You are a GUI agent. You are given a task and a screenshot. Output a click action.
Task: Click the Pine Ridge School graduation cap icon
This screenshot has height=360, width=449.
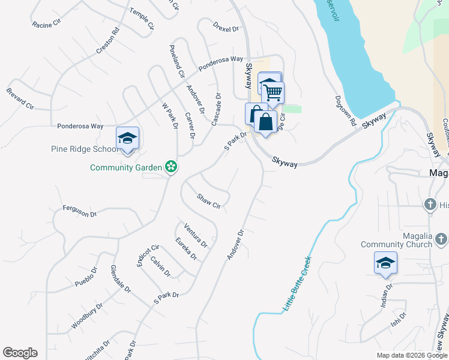coord(127,139)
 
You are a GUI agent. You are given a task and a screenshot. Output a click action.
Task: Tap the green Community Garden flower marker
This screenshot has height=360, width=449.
coord(171,167)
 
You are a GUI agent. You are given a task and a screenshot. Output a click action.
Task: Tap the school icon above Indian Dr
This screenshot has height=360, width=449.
coord(385,263)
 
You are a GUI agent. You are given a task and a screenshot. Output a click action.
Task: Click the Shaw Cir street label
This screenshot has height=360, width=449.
coord(209,201)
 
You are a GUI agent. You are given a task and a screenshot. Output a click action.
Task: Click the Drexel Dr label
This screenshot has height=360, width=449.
coord(226,27)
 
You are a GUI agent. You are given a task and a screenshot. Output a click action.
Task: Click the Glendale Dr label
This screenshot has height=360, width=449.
coord(120,280)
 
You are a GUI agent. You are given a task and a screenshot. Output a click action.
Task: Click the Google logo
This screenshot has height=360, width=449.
coord(20,353)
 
